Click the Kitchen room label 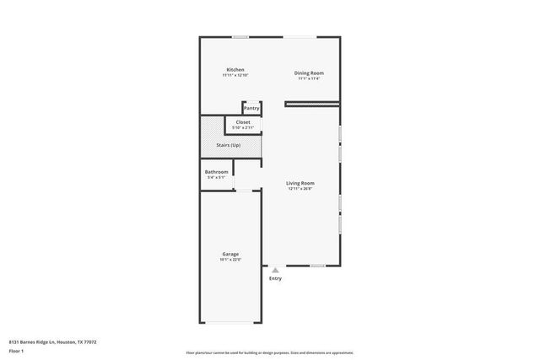tap(235, 69)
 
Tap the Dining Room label tap(309, 73)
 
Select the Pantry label tap(251, 108)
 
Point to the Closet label tap(243, 122)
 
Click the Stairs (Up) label tap(229, 146)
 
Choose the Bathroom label tap(217, 172)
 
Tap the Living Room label tap(300, 183)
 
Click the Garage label tap(230, 254)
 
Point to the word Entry tap(275, 278)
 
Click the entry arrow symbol tap(275, 269)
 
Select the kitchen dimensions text tap(235, 75)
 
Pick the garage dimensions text tap(230, 260)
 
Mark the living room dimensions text tap(300, 189)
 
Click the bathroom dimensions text tap(217, 178)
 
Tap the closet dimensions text tap(243, 128)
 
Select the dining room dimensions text tap(309, 79)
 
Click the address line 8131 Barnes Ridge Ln tap(52, 341)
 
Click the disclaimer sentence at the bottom tap(270, 352)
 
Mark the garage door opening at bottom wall tap(230, 323)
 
